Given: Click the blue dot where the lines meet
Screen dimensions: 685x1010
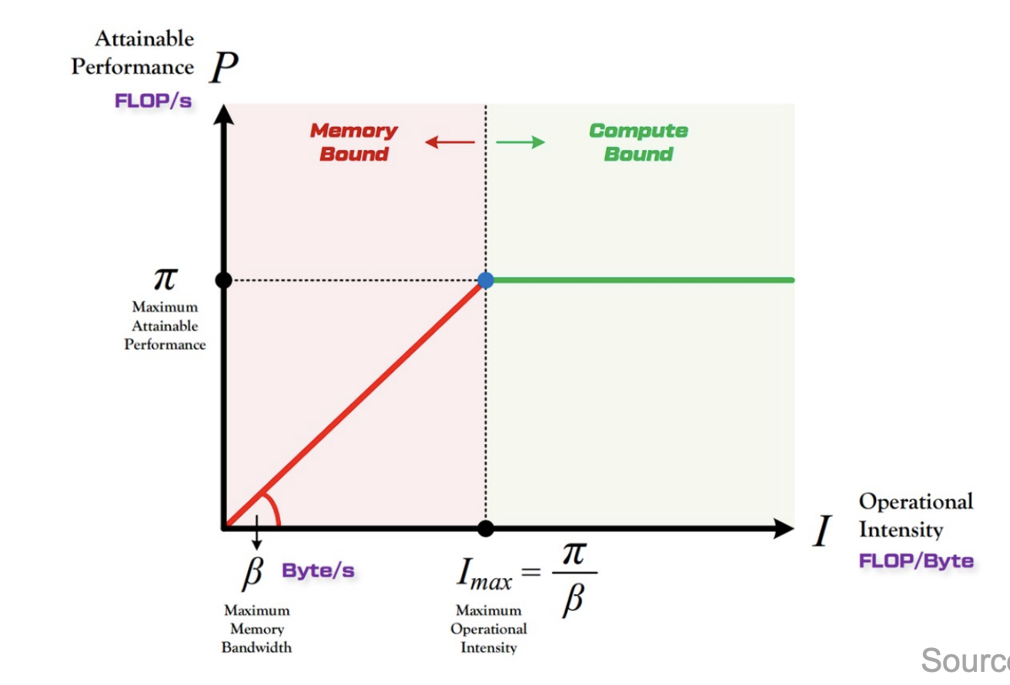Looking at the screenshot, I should (x=486, y=280).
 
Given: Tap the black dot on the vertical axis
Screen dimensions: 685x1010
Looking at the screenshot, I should (x=223, y=280).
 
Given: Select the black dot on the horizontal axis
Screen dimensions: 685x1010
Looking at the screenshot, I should (x=486, y=528).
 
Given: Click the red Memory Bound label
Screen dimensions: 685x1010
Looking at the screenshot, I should (x=353, y=142).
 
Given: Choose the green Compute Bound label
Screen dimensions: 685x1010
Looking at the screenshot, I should (x=638, y=142).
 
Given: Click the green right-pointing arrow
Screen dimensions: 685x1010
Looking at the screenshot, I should (x=521, y=142).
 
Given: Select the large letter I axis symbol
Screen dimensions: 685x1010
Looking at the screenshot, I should (x=823, y=532).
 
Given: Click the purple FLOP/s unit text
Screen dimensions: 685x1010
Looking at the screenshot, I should (x=153, y=101).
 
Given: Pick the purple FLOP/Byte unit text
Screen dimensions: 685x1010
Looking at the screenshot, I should (x=916, y=561).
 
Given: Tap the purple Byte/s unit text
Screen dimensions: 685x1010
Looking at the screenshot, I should (x=318, y=571).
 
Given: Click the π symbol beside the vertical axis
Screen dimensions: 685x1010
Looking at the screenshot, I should (x=165, y=279).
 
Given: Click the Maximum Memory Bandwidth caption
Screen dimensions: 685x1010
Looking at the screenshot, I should (x=257, y=629).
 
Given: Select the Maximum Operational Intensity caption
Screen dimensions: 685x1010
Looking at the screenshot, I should (x=488, y=629).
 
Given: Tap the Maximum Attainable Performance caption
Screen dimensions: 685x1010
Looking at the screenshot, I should (x=165, y=326).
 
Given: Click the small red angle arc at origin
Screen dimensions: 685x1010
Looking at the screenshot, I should (x=273, y=510).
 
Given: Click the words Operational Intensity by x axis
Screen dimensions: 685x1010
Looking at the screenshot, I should (x=915, y=516).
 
